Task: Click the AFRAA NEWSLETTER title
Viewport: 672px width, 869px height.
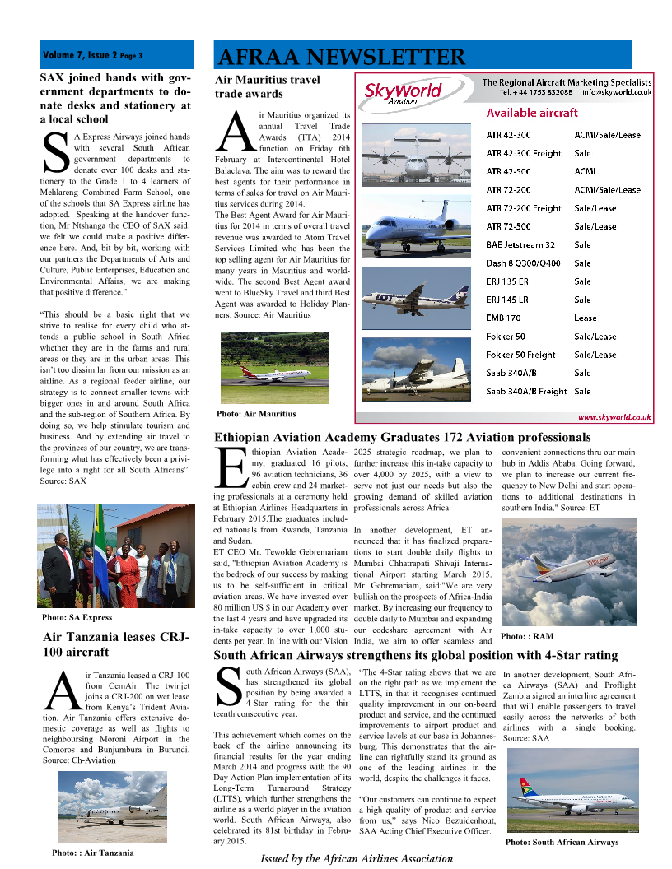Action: [340, 57]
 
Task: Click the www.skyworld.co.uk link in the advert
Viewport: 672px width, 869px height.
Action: [614, 417]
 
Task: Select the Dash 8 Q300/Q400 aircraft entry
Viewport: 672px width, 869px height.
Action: [523, 263]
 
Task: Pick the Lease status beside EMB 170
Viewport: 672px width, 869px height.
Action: [586, 318]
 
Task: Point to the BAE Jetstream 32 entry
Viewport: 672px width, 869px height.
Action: [520, 244]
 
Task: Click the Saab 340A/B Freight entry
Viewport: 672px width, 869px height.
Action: [526, 392]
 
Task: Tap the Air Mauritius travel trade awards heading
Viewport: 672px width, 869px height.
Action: [267, 87]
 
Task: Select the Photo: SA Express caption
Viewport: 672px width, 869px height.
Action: [77, 617]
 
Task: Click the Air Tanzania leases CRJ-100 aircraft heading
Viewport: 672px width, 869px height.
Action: [116, 644]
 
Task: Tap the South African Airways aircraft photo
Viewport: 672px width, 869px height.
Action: [572, 791]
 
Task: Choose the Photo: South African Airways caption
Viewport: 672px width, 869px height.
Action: [562, 842]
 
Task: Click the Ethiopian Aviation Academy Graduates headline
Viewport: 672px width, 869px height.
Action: [403, 437]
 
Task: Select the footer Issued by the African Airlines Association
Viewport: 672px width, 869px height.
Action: [357, 858]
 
